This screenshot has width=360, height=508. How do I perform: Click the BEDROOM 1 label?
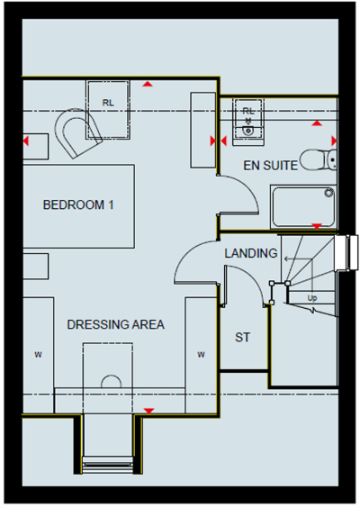(79, 204)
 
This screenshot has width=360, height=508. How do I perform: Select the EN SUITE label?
(272, 166)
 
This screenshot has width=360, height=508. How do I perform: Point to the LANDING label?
(250, 253)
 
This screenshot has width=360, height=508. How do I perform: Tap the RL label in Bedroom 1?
(109, 103)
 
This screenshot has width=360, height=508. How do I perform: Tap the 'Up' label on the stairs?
(312, 297)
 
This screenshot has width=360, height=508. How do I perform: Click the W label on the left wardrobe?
(38, 354)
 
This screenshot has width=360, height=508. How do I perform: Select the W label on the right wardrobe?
(200, 354)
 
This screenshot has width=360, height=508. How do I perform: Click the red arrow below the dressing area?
(148, 411)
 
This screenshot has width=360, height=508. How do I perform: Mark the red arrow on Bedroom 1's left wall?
(27, 141)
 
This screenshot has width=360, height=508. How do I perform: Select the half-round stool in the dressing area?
(110, 381)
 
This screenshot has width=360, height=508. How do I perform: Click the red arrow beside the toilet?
(334, 141)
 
